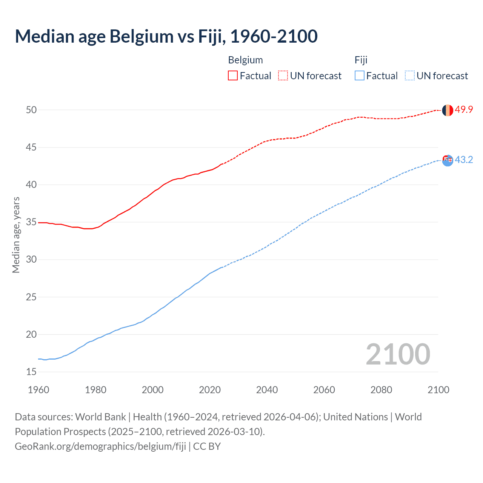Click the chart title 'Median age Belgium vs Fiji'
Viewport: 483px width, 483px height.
pos(166,36)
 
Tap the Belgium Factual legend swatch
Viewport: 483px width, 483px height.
pos(233,76)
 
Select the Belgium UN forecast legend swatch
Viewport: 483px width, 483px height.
pos(283,76)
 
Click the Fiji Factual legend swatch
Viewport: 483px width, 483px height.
pos(360,76)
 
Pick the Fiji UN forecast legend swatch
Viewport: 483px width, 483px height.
pos(409,76)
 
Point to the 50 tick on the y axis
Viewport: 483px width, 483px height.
pos(31,110)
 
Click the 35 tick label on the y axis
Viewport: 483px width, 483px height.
pos(31,222)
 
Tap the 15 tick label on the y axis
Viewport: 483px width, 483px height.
pos(31,372)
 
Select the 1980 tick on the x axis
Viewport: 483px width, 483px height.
pos(95,390)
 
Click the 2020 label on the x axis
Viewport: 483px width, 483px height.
pos(210,390)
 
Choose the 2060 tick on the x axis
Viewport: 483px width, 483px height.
pos(324,390)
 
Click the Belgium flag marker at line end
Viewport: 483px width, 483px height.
pos(447,110)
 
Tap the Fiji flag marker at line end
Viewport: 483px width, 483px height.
pos(447,160)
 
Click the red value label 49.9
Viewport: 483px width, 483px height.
pos(464,110)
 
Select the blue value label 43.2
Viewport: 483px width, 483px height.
pos(464,160)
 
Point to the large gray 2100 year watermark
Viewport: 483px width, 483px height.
pos(398,354)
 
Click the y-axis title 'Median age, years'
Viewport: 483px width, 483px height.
pos(16,235)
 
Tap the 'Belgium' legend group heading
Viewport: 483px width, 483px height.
pos(245,60)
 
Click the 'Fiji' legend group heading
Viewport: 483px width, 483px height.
pos(361,60)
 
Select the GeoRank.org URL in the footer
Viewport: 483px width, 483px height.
pos(100,446)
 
